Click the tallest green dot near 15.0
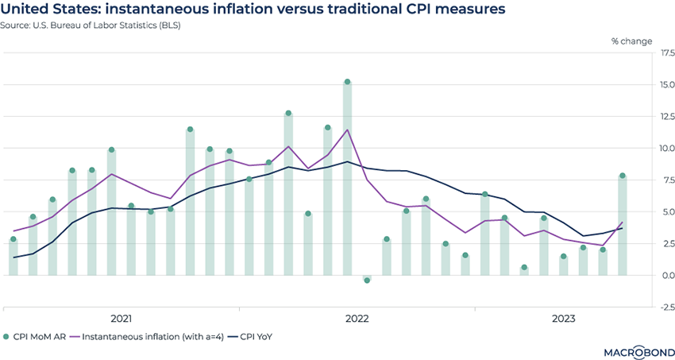point(347,82)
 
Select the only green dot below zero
point(367,281)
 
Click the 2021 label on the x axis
point(121,319)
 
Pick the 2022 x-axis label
point(357,319)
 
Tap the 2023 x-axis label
point(563,319)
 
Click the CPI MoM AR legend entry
point(40,337)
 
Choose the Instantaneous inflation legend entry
point(147,337)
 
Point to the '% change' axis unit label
point(631,41)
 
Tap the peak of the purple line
point(347,130)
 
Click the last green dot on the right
point(623,176)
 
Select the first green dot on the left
point(13,239)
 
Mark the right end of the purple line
point(623,223)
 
